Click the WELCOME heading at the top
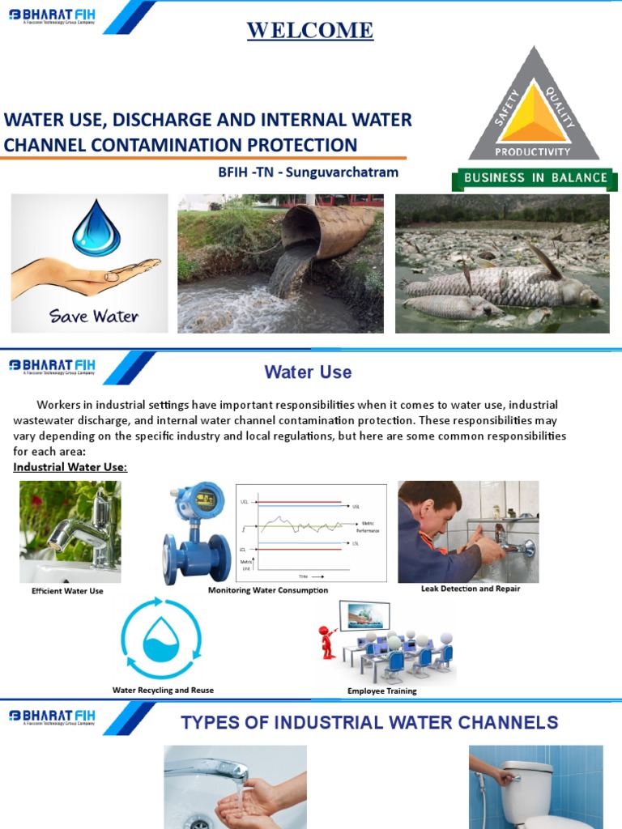click(x=310, y=31)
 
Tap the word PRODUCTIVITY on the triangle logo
click(x=533, y=151)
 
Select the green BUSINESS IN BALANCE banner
click(x=534, y=178)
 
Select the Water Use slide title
click(x=308, y=372)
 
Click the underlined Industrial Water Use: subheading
click(x=70, y=468)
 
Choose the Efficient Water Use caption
click(x=67, y=591)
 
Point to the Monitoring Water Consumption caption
click(x=268, y=590)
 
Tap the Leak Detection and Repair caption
click(x=471, y=589)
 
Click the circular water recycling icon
click(x=160, y=640)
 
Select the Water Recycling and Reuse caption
click(x=163, y=690)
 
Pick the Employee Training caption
click(x=381, y=691)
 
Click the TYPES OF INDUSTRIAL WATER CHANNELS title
click(x=369, y=722)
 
